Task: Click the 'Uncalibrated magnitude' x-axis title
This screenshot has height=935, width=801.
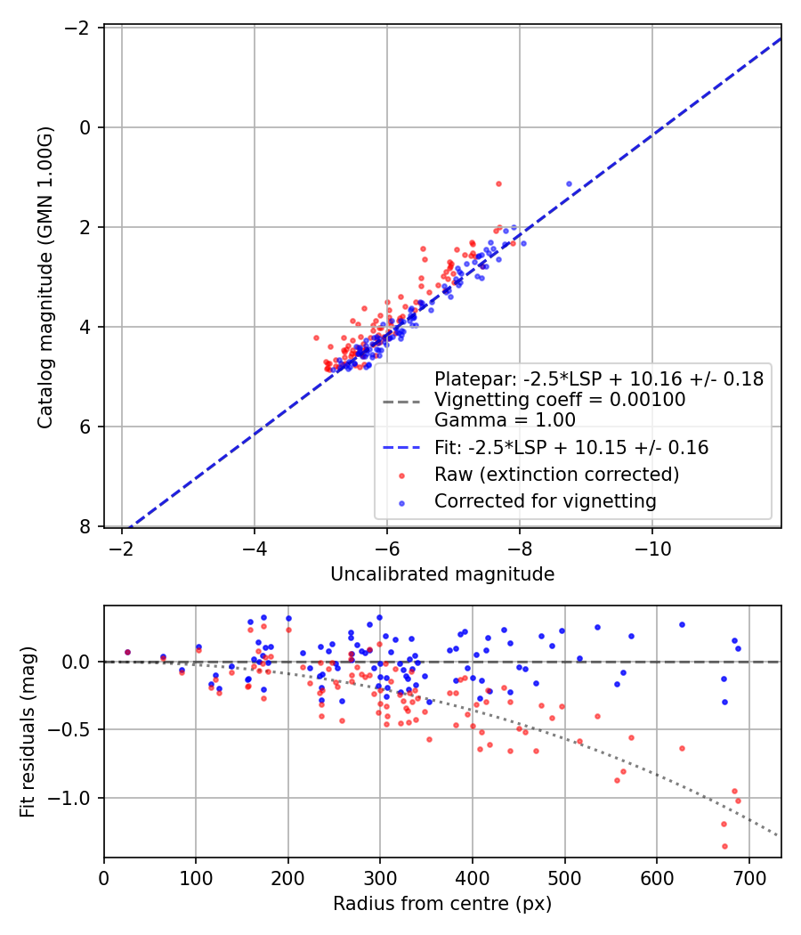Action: tap(442, 574)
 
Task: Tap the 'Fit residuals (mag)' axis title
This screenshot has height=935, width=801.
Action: tap(28, 732)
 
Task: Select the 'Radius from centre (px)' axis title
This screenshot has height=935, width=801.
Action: tap(442, 904)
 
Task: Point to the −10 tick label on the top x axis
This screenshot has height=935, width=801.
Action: tap(652, 549)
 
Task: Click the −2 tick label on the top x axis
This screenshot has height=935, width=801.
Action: tap(122, 549)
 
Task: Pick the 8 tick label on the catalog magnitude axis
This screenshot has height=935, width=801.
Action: tap(85, 526)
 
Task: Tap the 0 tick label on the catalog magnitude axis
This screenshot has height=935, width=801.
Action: tap(85, 127)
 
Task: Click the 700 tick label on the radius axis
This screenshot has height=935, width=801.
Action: tap(748, 878)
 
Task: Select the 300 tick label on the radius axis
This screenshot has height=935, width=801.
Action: tap(380, 878)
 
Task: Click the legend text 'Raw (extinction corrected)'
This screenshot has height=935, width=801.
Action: tap(556, 475)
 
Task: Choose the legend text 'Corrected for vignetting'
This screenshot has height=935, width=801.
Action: tap(546, 501)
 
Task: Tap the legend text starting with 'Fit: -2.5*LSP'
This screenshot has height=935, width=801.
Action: tap(571, 448)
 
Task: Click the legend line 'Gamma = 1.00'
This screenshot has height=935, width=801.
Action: tap(505, 420)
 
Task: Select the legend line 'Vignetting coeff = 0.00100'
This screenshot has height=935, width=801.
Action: tap(560, 400)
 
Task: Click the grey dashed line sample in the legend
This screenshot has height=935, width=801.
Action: tap(401, 402)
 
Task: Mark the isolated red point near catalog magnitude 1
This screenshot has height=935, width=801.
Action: tap(498, 183)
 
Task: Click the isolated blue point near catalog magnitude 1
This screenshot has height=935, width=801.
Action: tap(569, 183)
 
